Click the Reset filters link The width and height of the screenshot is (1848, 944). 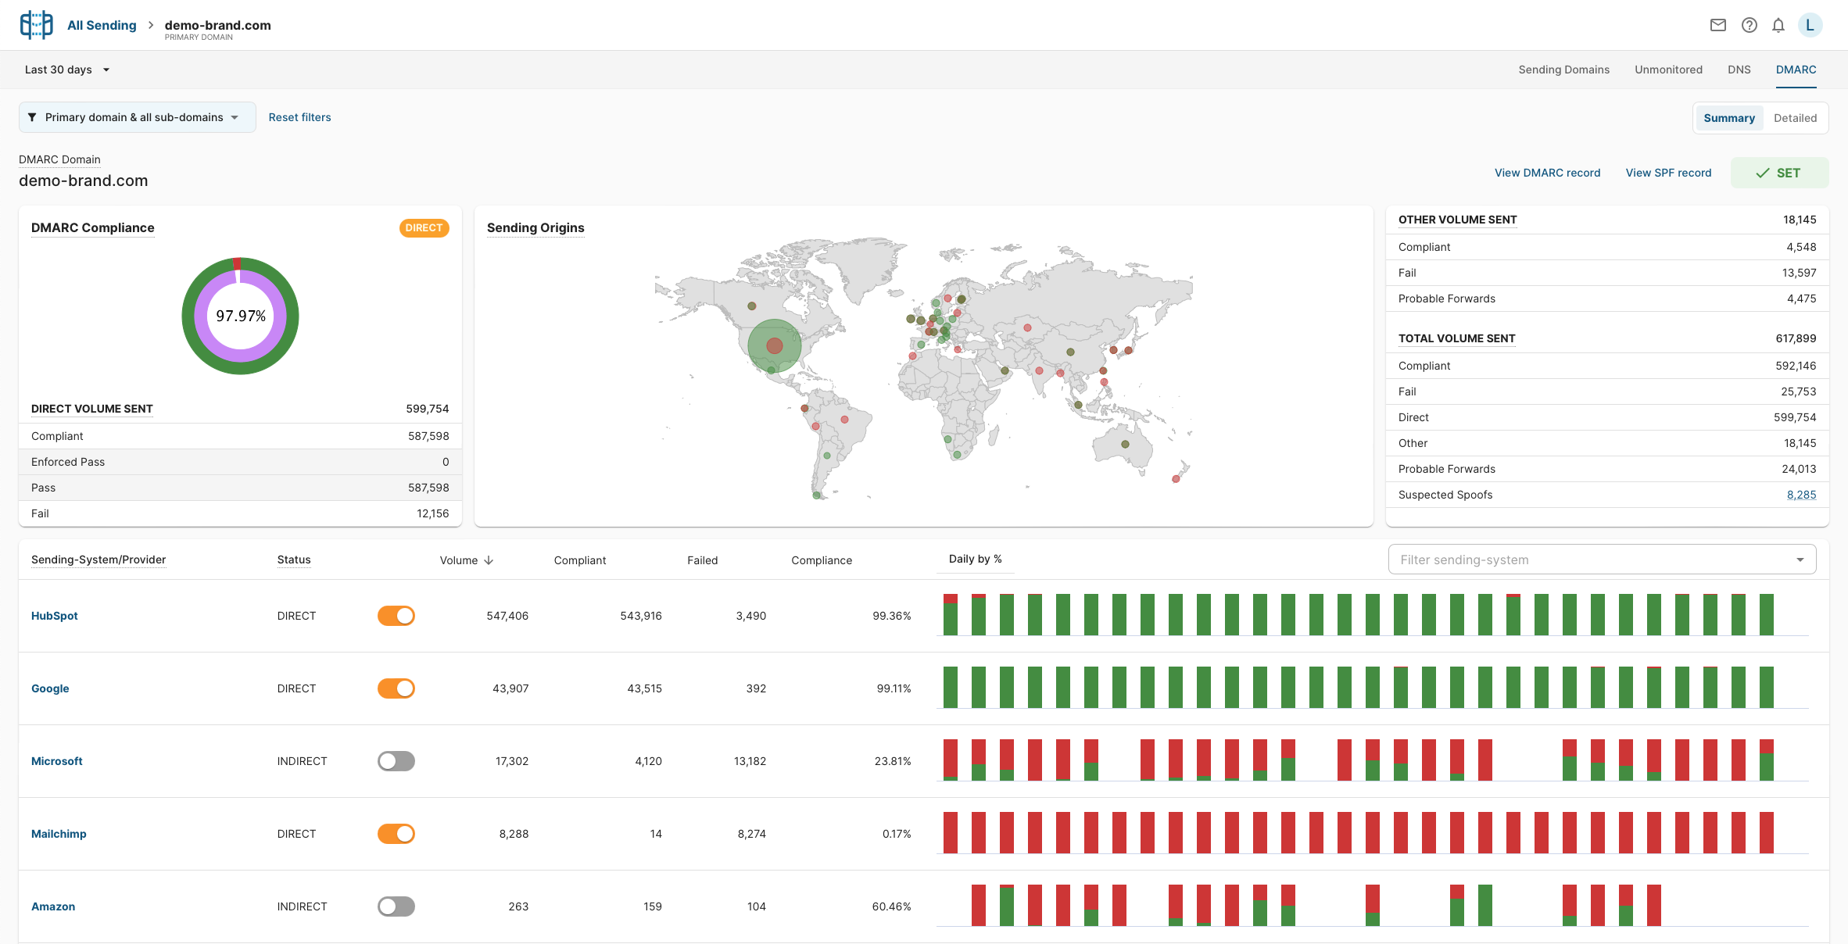[299, 117]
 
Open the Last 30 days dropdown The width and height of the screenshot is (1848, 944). [67, 70]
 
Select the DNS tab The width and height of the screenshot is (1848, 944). [1739, 70]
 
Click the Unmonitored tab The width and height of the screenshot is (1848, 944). [1668, 70]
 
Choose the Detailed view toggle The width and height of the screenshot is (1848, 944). [1795, 118]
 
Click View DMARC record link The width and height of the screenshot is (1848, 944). [1547, 173]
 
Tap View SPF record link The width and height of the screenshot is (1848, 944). [1668, 173]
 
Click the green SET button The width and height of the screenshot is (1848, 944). [1778, 173]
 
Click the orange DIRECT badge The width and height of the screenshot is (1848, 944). [424, 227]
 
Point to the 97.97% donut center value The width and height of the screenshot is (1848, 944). [241, 316]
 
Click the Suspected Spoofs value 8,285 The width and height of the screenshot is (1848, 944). [1801, 495]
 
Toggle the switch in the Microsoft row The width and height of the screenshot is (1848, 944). [396, 761]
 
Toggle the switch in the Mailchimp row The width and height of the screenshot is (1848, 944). [396, 834]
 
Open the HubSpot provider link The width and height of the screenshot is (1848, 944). [55, 616]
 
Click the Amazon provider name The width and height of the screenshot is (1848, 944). [53, 906]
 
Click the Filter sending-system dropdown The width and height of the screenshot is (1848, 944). [1601, 560]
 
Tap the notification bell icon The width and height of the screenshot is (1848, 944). [1778, 25]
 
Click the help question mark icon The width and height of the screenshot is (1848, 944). [1750, 25]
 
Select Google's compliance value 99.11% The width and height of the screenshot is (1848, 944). [894, 688]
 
